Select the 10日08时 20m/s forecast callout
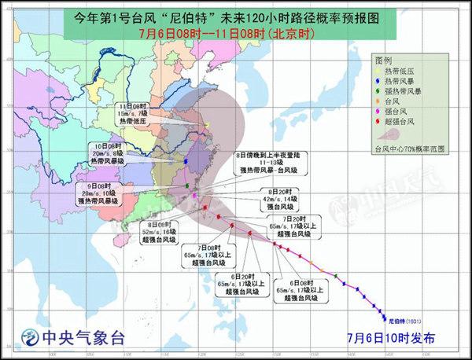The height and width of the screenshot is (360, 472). click(x=99, y=152)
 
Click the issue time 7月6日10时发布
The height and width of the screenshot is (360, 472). click(x=389, y=338)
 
